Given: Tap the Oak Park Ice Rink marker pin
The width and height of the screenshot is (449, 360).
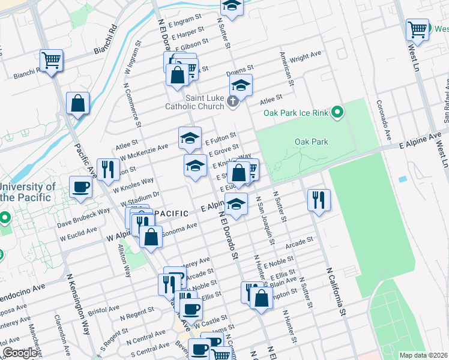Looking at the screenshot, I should [x=338, y=112].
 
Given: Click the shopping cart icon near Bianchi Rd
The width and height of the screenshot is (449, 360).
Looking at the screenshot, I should [x=52, y=60].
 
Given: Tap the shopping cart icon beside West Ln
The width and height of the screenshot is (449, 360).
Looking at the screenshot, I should [x=417, y=29].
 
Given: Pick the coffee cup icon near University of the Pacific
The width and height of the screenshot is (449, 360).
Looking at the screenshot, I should [x=80, y=187].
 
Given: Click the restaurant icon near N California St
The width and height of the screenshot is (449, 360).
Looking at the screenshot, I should [x=318, y=200].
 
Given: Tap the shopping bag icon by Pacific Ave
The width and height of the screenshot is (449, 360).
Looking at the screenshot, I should [x=78, y=103].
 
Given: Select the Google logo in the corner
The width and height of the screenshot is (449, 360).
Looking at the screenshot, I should [x=20, y=353].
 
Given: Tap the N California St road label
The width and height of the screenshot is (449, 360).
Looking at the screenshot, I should [x=336, y=292].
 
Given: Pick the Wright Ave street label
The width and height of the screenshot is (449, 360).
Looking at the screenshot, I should [x=306, y=59].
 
